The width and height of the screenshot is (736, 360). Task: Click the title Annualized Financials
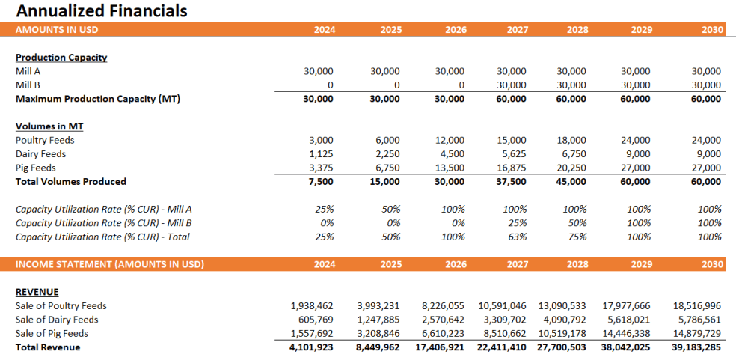click(x=102, y=11)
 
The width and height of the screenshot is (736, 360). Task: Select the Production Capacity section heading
click(x=61, y=58)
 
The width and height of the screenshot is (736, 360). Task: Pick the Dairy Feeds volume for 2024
click(x=319, y=154)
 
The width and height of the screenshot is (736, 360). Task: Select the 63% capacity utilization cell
click(x=517, y=237)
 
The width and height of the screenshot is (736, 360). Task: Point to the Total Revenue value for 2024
click(x=311, y=347)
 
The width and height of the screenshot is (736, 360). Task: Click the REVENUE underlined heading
click(x=37, y=292)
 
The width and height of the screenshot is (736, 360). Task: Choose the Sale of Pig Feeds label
click(x=52, y=334)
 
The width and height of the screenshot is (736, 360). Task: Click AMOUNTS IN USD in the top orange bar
click(x=57, y=30)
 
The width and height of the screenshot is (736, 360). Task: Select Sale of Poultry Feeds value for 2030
click(x=697, y=306)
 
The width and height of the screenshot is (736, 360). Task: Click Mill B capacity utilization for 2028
click(x=577, y=223)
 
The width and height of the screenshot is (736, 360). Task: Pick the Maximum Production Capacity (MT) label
click(x=97, y=99)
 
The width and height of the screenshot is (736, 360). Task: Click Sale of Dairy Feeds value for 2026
click(x=444, y=320)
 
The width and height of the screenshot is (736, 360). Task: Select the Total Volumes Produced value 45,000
click(x=572, y=182)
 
